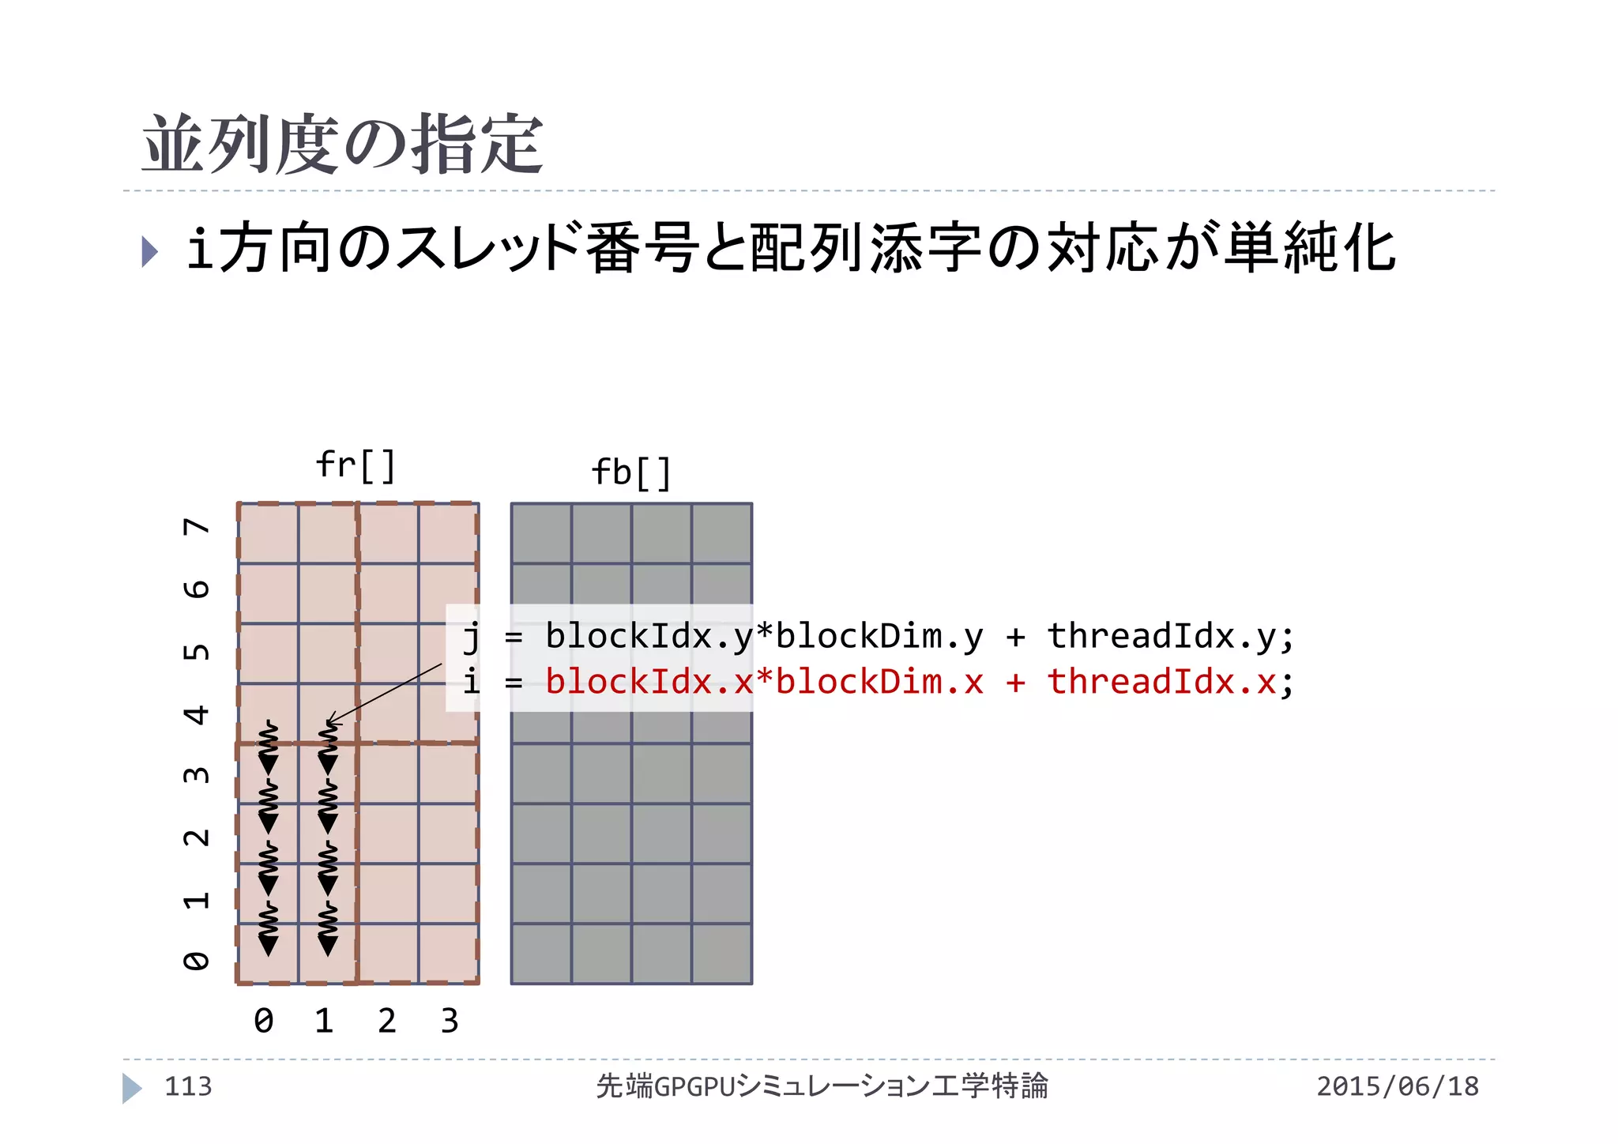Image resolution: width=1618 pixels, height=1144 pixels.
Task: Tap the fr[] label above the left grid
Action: click(356, 466)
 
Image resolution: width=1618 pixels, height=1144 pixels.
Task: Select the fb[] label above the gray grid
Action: click(631, 474)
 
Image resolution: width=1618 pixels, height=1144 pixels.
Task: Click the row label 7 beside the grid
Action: click(197, 527)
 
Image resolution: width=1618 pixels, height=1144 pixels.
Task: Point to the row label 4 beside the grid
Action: click(197, 715)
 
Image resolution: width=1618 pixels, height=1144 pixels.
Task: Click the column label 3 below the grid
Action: click(450, 1021)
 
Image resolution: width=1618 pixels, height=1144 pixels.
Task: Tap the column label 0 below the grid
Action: click(264, 1021)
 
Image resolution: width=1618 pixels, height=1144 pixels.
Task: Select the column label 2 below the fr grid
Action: click(386, 1021)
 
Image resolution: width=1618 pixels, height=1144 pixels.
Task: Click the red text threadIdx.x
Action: click(1161, 682)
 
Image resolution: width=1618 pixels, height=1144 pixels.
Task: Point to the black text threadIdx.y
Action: click(1161, 636)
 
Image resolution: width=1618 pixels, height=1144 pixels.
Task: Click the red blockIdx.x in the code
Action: click(649, 682)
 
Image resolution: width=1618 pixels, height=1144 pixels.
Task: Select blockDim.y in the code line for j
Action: click(879, 636)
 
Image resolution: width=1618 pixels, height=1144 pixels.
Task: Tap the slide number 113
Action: click(188, 1086)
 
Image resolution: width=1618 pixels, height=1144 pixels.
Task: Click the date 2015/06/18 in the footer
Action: click(1398, 1086)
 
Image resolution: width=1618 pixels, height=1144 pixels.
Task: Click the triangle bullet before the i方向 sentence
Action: click(149, 251)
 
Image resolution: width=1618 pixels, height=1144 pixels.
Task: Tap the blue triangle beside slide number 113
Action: click(131, 1088)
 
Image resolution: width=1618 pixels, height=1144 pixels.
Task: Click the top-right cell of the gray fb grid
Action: click(722, 533)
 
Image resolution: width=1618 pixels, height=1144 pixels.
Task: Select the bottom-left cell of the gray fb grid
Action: click(541, 954)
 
